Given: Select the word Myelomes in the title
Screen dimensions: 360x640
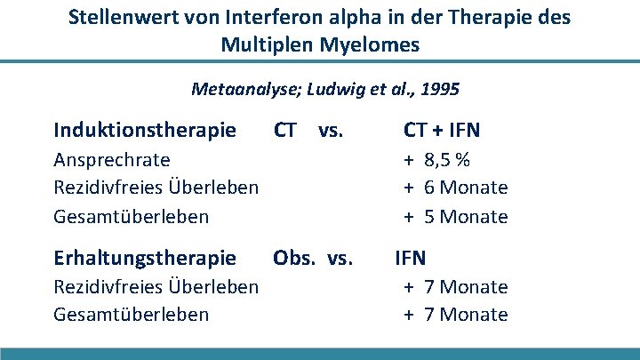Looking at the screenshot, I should point(372,44).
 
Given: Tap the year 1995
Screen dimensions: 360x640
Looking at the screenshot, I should point(439,89).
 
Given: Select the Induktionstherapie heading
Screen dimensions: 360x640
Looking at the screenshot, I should point(145,131).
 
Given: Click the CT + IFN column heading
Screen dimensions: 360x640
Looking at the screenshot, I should point(442,131).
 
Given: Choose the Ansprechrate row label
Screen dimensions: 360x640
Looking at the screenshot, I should point(112,159).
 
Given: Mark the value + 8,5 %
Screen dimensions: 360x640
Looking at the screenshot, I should point(438,159).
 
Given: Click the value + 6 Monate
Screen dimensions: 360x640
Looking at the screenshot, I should point(456,188).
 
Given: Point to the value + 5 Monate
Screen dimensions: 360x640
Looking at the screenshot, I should point(456,216).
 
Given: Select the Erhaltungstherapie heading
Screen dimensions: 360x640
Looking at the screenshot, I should point(145,258).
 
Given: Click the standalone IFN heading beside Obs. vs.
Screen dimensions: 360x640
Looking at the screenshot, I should point(411,258).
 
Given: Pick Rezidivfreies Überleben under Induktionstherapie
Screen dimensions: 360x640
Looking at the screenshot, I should point(156,188).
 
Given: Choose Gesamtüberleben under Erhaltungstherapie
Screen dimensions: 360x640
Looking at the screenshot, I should point(132,314).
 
